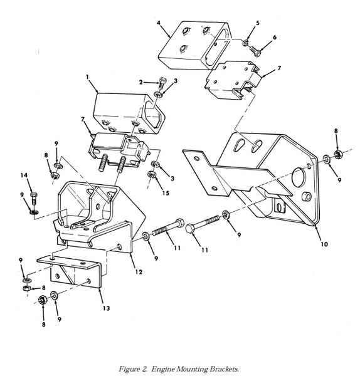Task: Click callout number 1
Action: [x=88, y=77]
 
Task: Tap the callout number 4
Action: [x=159, y=23]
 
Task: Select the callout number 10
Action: [x=324, y=244]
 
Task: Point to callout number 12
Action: [x=139, y=272]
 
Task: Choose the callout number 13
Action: [x=107, y=308]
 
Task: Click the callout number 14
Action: [x=24, y=175]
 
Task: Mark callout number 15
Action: [x=166, y=193]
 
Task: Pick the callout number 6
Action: [x=275, y=37]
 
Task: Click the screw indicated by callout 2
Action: [x=162, y=83]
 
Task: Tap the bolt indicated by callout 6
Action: [x=253, y=51]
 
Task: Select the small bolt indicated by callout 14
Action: [x=34, y=198]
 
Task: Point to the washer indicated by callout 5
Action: [x=245, y=43]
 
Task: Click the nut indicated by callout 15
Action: [x=151, y=174]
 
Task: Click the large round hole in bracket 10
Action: [x=298, y=177]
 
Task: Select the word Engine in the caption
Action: [x=162, y=369]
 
